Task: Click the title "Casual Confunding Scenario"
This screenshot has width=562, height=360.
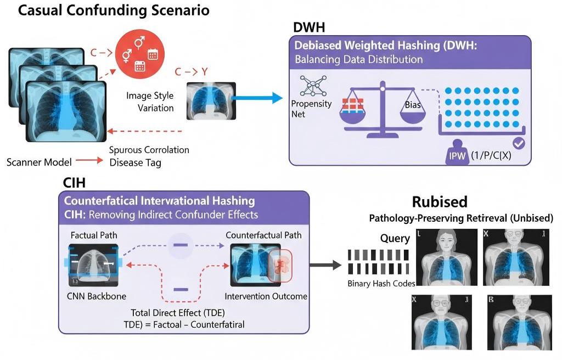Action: click(x=114, y=11)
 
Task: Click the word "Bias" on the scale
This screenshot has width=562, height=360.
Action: click(x=413, y=104)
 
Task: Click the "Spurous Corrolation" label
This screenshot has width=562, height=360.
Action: click(x=149, y=150)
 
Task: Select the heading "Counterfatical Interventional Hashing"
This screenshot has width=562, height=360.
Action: click(x=159, y=201)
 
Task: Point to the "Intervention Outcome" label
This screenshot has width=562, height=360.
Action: click(x=266, y=296)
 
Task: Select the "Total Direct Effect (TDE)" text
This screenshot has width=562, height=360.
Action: click(x=181, y=313)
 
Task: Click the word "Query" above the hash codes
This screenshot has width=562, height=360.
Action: click(x=395, y=238)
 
